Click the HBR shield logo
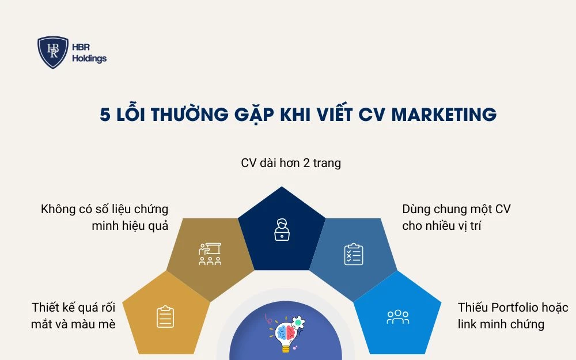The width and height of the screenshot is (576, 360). (x=53, y=52)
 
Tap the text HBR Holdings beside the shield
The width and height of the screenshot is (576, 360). (x=89, y=53)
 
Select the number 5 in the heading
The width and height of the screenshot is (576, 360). (x=105, y=115)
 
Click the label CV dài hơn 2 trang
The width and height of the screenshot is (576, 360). (x=291, y=163)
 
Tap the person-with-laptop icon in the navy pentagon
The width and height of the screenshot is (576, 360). (x=282, y=229)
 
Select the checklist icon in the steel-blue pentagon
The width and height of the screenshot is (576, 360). (x=353, y=254)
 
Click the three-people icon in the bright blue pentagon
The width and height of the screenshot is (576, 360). (x=397, y=316)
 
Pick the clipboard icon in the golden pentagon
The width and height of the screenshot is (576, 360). (x=165, y=316)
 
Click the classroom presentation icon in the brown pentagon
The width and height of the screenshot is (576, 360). (x=210, y=254)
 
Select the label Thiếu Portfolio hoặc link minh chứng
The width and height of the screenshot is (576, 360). (x=513, y=315)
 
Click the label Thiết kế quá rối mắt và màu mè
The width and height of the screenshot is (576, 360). (x=74, y=315)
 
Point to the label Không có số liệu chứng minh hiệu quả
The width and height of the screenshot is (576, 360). (x=105, y=217)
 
